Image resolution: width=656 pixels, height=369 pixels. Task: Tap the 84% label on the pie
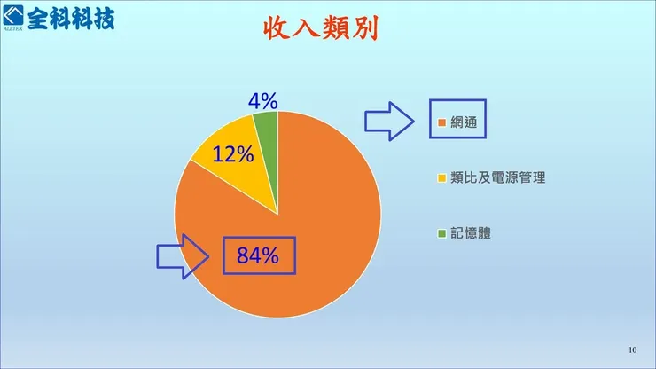click(258, 256)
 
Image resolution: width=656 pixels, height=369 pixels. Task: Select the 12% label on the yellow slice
click(233, 154)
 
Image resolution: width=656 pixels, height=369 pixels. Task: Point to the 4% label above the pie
click(263, 101)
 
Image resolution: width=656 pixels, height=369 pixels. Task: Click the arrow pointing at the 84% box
click(182, 255)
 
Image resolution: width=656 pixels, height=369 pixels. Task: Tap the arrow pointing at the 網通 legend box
click(389, 120)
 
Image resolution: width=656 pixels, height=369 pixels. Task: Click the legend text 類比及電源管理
click(497, 177)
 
